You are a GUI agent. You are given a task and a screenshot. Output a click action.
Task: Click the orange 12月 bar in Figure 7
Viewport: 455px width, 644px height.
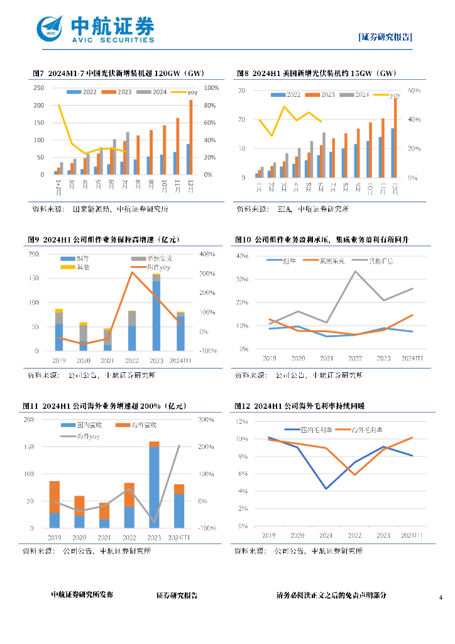(191, 136)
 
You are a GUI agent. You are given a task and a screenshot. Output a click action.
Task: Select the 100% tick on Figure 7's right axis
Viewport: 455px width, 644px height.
(212, 88)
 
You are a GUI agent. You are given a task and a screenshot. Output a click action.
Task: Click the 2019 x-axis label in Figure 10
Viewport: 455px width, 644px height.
(269, 358)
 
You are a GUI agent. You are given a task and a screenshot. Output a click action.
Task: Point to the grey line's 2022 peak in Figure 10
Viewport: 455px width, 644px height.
(356, 271)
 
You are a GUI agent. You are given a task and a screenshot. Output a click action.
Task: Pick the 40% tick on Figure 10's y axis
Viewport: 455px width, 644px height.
(243, 257)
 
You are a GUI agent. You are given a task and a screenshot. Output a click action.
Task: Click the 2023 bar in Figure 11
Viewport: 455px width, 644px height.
(154, 485)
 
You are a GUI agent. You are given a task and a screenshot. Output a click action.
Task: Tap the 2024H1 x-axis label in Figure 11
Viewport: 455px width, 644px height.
(179, 538)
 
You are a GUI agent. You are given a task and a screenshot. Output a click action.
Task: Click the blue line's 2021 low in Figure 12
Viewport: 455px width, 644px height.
(326, 489)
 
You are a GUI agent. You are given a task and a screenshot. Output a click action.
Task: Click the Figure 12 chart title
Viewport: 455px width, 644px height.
(310, 406)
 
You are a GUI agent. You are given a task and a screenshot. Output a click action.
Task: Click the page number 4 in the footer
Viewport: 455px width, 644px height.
(441, 597)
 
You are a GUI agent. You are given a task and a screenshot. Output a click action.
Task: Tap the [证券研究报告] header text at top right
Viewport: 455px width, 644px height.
(385, 37)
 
